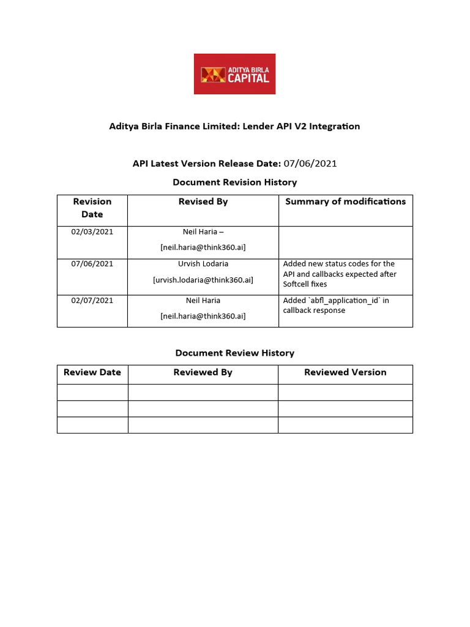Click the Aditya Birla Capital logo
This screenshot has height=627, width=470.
pos(234,74)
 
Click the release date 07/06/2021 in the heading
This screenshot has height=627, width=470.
pos(310,163)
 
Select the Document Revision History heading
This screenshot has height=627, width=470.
pos(234,182)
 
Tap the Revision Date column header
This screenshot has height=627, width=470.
pos(92,208)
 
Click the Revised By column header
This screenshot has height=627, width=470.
pos(203,201)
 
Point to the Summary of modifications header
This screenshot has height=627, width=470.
pos(345,201)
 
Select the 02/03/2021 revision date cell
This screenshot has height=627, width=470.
pos(92,232)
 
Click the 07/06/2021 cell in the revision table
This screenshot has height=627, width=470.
pos(92,264)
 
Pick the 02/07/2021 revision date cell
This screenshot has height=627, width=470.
pos(92,301)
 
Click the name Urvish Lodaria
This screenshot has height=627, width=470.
pos(203,264)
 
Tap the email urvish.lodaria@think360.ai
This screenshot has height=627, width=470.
pos(203,280)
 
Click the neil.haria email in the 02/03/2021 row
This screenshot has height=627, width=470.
pos(203,247)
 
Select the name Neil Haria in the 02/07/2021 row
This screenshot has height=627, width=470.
pos(203,301)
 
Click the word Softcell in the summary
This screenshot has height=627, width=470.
pos(297,284)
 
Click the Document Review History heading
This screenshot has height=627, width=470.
pos(234,353)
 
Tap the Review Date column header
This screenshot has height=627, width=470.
pos(92,372)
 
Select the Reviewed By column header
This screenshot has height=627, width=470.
pos(203,372)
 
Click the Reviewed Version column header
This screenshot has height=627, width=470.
pos(345,372)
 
